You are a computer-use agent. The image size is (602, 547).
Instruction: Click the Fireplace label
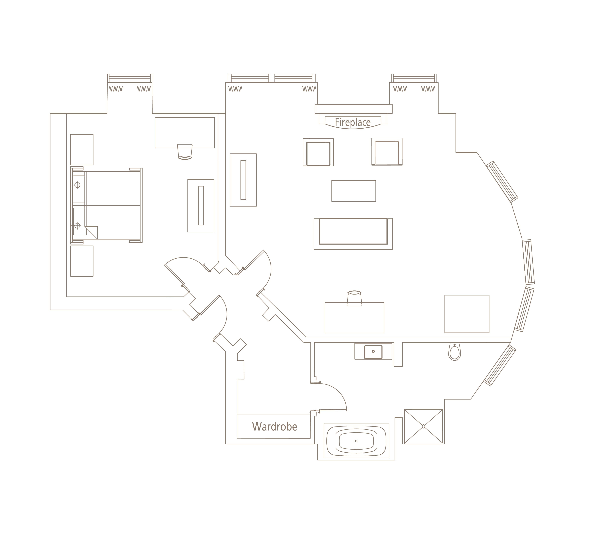(353, 122)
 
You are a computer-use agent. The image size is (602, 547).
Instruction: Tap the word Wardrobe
(274, 427)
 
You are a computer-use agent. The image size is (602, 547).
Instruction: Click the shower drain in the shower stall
(423, 426)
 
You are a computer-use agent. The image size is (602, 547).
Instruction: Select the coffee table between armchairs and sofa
(354, 191)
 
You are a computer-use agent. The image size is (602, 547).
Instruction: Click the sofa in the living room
(353, 234)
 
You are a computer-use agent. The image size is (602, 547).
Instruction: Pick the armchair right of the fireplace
(387, 152)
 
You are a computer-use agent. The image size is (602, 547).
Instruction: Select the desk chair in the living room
(354, 298)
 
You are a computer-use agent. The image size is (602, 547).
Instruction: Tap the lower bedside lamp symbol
(77, 226)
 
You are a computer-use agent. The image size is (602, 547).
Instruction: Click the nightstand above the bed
(82, 149)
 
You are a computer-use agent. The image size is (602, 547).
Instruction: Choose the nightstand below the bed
(82, 261)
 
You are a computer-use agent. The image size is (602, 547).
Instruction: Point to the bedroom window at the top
(130, 78)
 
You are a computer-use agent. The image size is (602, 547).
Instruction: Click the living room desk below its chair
(354, 318)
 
